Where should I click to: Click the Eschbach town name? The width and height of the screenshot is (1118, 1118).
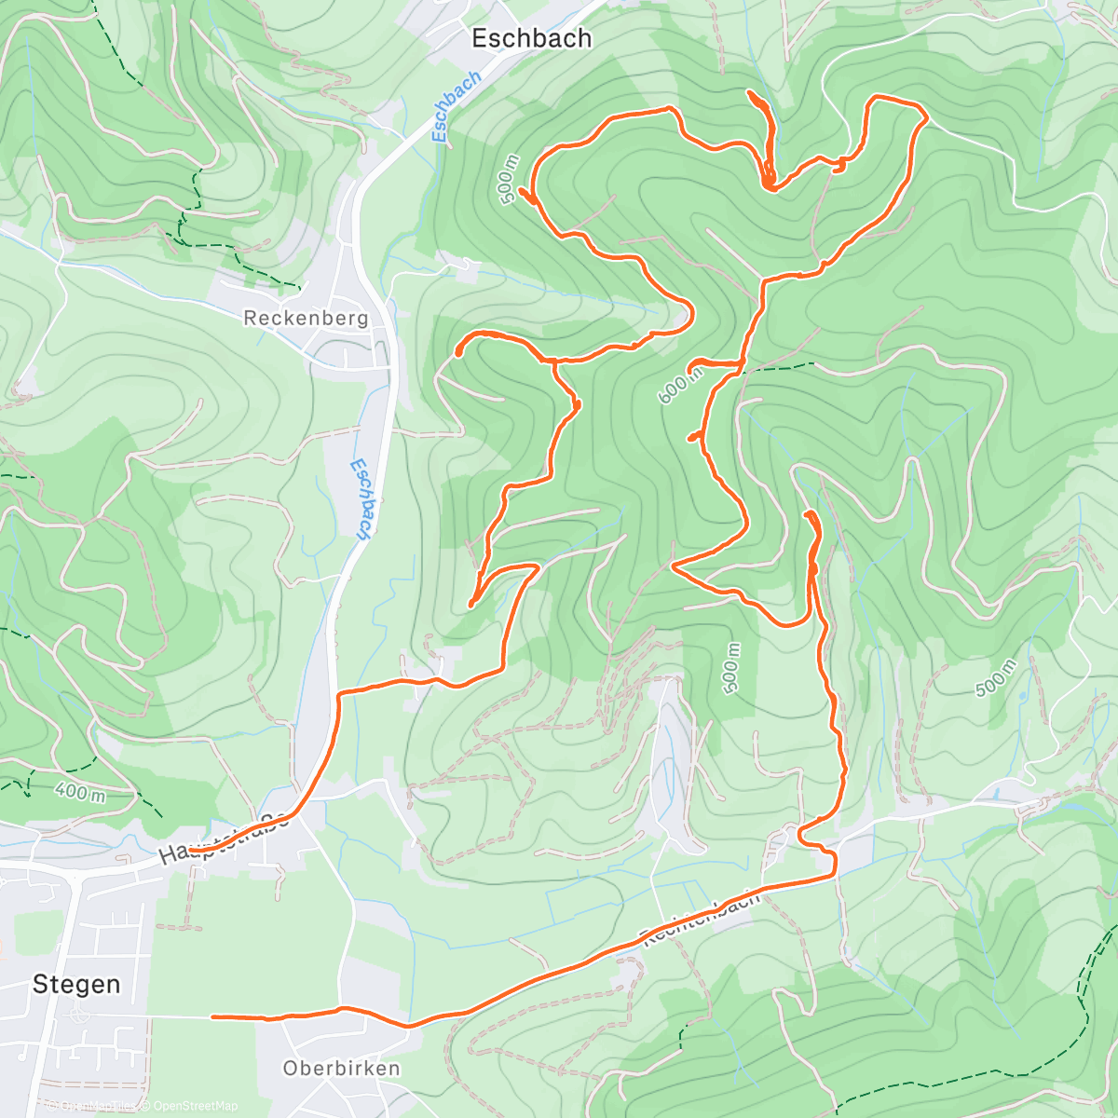pos(531,38)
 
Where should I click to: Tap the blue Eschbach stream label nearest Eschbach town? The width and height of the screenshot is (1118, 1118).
pos(457,107)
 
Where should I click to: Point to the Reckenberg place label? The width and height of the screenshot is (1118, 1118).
pos(306,318)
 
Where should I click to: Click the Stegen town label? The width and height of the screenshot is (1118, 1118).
pos(76,984)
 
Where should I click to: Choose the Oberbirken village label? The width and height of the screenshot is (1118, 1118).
pos(341,1068)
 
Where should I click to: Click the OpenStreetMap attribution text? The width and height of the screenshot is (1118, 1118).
pos(190,1106)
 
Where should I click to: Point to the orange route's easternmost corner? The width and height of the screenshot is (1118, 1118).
pos(925,117)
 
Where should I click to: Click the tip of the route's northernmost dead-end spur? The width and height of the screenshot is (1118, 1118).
pos(750,92)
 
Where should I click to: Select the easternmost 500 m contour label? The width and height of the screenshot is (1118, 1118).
pos(994,676)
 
